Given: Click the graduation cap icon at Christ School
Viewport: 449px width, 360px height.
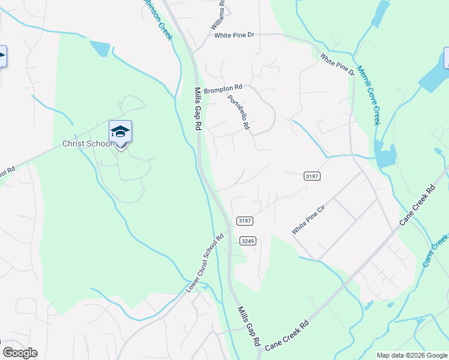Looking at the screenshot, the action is [120, 131].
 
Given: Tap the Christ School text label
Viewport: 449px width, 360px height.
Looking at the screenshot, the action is [88, 144].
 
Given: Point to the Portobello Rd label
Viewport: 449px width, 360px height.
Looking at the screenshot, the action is [239, 112].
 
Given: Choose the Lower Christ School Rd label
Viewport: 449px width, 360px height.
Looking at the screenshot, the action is [205, 263].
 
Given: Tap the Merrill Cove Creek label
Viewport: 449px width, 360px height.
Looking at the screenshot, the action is [368, 95].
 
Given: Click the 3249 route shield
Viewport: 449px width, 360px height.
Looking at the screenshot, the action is [248, 241].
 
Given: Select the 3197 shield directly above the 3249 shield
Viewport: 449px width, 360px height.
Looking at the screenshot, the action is [244, 221].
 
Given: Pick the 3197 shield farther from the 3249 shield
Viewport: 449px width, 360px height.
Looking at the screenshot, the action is [312, 176].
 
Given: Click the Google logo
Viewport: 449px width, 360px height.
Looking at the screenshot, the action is [20, 353].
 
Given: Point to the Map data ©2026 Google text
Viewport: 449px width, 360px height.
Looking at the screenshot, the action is [412, 355].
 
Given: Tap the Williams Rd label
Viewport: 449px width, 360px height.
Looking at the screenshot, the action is [217, 16].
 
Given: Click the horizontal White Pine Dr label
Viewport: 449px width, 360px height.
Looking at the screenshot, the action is [235, 35].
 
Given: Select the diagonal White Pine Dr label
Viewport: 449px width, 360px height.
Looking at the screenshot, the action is [337, 65].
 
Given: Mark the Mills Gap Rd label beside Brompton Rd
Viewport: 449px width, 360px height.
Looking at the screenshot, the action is [197, 109].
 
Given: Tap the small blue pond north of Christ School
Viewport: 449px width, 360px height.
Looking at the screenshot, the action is [100, 48].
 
